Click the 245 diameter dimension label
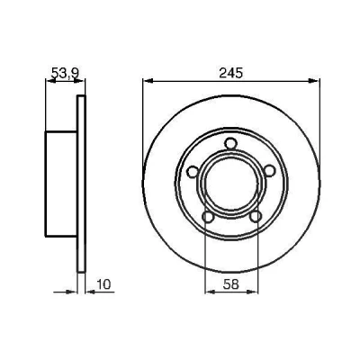[230, 73]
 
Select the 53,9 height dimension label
[65, 73]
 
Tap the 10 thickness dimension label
[103, 284]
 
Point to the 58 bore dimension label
[231, 284]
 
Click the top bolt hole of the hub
[230, 144]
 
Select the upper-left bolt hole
[193, 171]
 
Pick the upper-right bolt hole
[269, 171]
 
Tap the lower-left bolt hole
[208, 217]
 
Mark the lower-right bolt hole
[255, 217]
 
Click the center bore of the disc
[230, 184]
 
